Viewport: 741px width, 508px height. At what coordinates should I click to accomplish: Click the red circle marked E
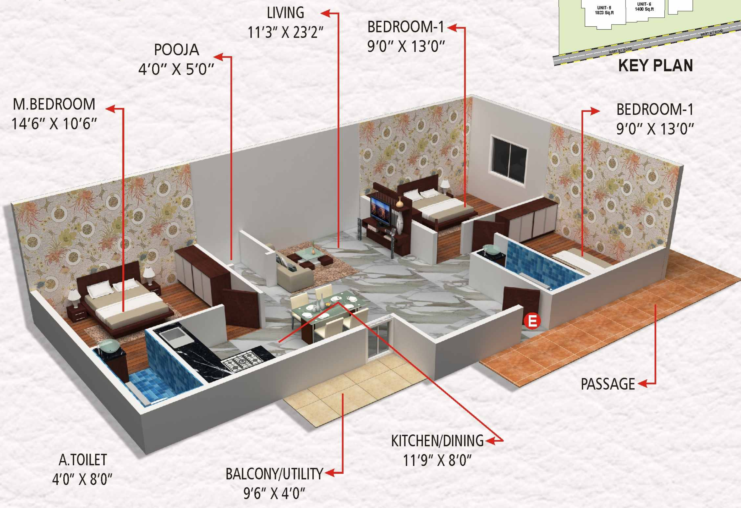click(x=532, y=321)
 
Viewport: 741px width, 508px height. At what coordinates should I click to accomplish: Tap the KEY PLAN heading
click(x=655, y=66)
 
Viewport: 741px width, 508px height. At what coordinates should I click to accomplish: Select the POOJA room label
click(x=176, y=50)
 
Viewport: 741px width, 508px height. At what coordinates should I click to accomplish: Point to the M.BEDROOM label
click(x=54, y=105)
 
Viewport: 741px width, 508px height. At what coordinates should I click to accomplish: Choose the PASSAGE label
click(x=607, y=384)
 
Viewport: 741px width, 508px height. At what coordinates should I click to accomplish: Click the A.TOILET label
click(x=83, y=460)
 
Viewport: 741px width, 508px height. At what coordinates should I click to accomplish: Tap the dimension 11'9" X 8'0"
click(x=437, y=460)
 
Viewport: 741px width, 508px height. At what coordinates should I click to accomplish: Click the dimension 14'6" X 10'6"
click(x=54, y=124)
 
